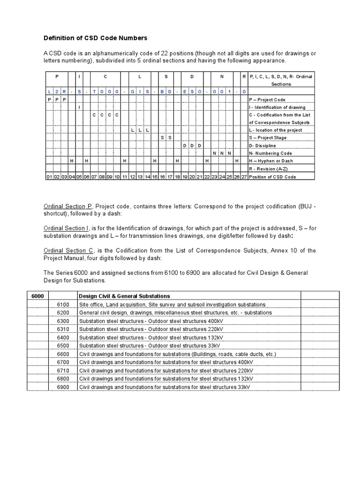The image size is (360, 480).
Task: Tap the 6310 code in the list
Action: pos(63,329)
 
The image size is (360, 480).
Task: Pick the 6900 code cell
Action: pos(63,387)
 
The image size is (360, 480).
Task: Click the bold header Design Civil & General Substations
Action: pos(125,296)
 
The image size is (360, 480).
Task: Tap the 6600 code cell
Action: pos(63,354)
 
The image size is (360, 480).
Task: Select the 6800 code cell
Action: pos(63,379)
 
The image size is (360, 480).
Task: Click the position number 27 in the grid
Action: pos(244,177)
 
